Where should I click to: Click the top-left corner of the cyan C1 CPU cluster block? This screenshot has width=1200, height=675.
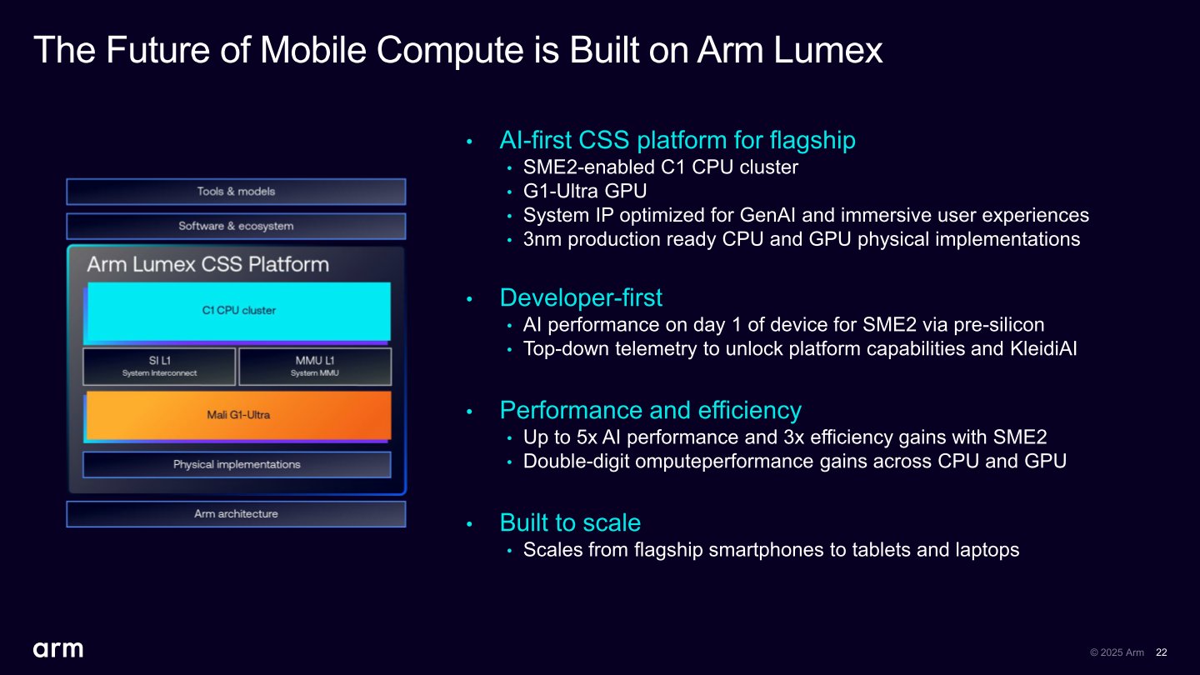(x=87, y=282)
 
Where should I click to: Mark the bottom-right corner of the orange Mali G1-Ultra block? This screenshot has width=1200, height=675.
(x=391, y=440)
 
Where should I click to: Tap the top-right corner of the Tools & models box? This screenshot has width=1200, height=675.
(x=406, y=179)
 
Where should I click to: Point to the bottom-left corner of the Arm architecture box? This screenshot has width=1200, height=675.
(x=67, y=527)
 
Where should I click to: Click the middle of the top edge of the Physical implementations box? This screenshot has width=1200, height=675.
(x=237, y=452)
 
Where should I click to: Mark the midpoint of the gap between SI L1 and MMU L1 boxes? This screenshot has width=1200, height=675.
(x=237, y=367)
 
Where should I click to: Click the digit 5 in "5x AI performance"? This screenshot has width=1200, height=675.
(x=582, y=437)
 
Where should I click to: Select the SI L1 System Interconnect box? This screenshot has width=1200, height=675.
(x=159, y=367)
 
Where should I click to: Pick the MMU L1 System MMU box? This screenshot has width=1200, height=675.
(x=315, y=367)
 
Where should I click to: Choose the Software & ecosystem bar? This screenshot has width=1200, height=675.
(x=236, y=226)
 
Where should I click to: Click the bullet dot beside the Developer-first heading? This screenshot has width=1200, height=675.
(x=470, y=299)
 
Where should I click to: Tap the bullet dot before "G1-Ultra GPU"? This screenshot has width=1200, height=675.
(x=509, y=192)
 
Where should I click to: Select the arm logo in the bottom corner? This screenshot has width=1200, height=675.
(x=57, y=649)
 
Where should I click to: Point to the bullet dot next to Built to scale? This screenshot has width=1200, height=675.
(x=470, y=524)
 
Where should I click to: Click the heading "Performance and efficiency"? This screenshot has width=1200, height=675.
(x=650, y=410)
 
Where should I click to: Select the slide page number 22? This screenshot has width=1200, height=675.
(x=1162, y=652)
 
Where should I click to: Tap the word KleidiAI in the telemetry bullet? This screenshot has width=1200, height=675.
(x=1043, y=348)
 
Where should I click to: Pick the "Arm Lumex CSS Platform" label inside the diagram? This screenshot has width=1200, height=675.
(x=207, y=265)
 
